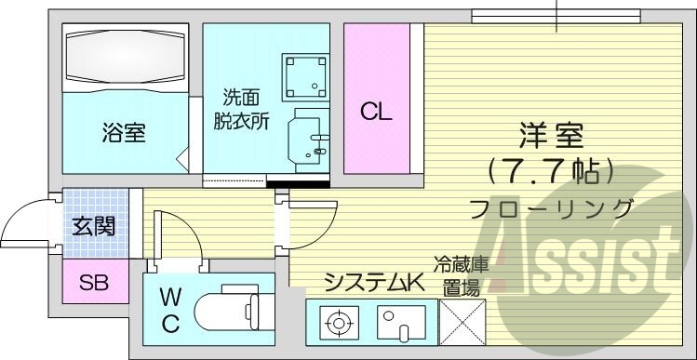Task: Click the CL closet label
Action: (376, 113)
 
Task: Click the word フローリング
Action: (552, 207)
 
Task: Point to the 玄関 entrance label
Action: (93, 226)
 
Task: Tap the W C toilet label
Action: (169, 312)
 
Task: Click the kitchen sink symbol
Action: (399, 325)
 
